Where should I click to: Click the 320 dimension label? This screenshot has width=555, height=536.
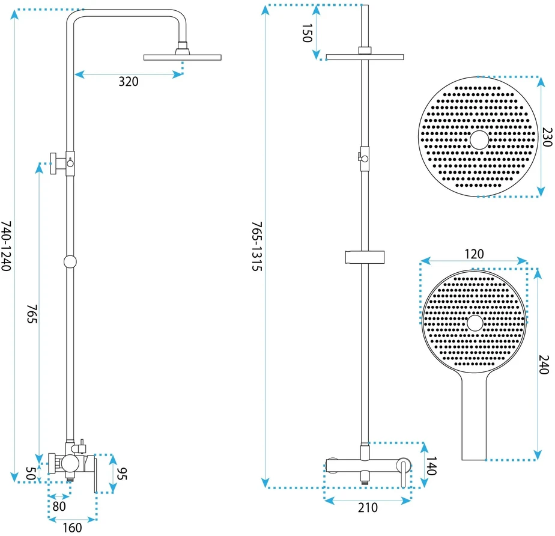[128, 82]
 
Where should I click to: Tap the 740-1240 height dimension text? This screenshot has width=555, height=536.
[6, 246]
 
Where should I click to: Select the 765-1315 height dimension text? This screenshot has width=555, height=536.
[257, 246]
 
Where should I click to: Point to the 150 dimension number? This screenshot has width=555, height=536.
[308, 33]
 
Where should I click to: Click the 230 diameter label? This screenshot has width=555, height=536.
[547, 137]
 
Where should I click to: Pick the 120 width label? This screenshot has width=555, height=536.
[474, 254]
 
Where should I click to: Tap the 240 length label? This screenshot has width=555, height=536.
[544, 365]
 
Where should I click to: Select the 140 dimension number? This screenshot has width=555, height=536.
[431, 466]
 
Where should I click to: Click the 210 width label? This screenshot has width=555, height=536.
[368, 508]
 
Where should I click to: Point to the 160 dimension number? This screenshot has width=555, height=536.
[72, 528]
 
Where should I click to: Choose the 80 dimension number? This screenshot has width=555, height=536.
[59, 507]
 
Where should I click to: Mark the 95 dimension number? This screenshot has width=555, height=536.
[121, 474]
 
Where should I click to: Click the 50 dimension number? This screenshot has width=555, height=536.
[31, 474]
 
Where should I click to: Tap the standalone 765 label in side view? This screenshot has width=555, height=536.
[32, 314]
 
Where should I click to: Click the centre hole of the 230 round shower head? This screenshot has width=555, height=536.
[479, 139]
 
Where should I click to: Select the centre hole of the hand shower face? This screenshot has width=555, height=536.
[475, 323]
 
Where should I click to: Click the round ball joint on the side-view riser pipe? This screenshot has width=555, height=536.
[70, 261]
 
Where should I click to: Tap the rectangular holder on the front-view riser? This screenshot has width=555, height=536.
[365, 257]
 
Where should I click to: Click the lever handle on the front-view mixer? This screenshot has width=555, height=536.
[404, 472]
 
